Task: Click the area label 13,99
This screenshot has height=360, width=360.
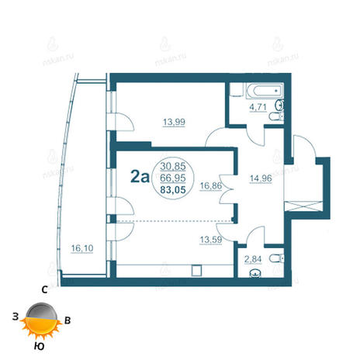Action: (174, 122)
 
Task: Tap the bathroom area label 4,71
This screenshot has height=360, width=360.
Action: (258, 107)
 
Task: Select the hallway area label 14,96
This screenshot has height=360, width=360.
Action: (261, 178)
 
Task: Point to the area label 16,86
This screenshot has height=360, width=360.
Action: (211, 185)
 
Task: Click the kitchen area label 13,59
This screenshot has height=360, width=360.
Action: (211, 240)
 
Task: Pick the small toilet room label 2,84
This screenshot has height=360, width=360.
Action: (253, 259)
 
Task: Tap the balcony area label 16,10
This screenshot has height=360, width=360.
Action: (82, 248)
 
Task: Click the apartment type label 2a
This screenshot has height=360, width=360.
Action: (140, 177)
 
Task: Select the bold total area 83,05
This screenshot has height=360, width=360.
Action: (173, 190)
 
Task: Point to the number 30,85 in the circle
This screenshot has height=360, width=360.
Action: (173, 166)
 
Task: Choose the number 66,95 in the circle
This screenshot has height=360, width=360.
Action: (173, 178)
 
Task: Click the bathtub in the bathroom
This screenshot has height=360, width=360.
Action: (265, 91)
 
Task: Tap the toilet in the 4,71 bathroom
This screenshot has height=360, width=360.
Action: (276, 116)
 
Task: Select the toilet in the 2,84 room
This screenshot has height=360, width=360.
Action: (276, 258)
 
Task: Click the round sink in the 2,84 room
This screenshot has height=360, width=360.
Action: (255, 274)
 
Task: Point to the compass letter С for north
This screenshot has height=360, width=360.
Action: (44, 290)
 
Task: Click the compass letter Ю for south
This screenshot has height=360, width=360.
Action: (39, 346)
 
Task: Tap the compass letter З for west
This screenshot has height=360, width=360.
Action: (16, 317)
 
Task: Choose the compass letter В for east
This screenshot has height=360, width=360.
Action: (67, 320)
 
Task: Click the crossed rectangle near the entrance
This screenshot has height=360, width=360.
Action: (303, 206)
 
